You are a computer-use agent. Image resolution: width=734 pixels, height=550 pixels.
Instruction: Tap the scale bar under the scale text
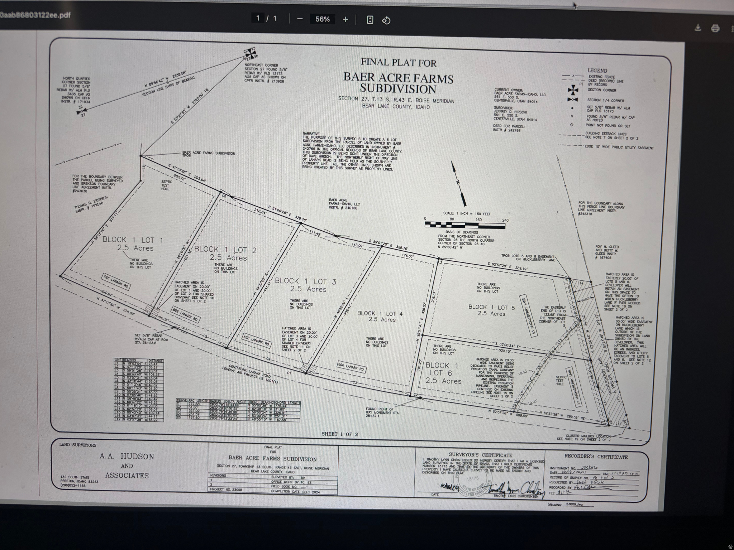pos(465,225)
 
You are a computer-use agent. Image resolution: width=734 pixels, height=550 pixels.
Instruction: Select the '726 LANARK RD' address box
pos(115,281)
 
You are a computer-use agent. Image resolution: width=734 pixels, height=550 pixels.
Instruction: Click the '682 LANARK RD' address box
pos(185,315)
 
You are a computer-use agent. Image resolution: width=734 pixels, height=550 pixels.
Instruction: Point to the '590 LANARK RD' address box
pos(352,367)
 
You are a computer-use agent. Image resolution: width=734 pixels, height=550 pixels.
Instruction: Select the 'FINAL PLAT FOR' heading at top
pos(398,62)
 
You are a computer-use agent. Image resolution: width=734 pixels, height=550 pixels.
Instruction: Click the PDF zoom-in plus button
pos(345,19)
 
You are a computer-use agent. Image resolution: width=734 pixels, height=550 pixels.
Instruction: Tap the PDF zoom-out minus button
pos(300,19)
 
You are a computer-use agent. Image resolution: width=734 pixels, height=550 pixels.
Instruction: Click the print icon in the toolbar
pos(715,28)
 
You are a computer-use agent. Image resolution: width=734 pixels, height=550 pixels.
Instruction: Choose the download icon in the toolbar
pos(697,28)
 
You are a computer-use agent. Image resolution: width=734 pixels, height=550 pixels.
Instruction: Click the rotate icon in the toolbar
pos(386,20)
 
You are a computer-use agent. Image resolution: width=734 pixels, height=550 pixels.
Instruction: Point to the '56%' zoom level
pos(322,19)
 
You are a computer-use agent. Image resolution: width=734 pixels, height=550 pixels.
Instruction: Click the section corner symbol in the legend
pos(573,90)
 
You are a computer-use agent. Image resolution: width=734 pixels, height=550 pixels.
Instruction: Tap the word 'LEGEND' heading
pos(597,71)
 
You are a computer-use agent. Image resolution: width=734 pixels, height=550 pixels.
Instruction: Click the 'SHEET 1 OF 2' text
pos(339,434)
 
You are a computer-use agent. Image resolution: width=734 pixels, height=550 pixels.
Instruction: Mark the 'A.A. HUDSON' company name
pos(127,457)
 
